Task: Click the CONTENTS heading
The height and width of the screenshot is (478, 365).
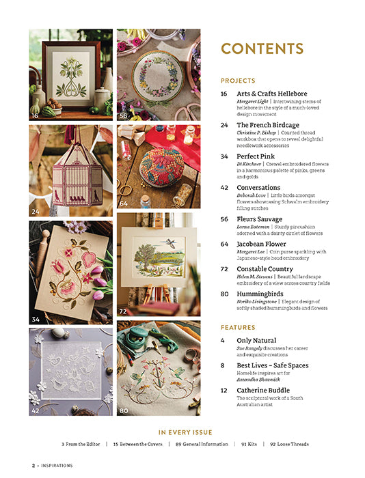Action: coord(262,48)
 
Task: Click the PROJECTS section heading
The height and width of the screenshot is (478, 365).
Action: coord(237,81)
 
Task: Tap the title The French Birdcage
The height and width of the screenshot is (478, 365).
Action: coord(267,125)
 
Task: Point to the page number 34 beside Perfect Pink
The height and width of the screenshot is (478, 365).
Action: coord(224,156)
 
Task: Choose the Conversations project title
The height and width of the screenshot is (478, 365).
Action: coord(258,187)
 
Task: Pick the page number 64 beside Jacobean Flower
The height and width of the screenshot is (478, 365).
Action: coord(224,244)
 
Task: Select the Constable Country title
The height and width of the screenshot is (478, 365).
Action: coord(267,269)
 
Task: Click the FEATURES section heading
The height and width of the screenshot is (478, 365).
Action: coord(237,327)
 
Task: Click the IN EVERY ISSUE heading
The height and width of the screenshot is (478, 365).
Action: coord(185,432)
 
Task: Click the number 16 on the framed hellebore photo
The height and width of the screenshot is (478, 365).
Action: coord(35,116)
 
